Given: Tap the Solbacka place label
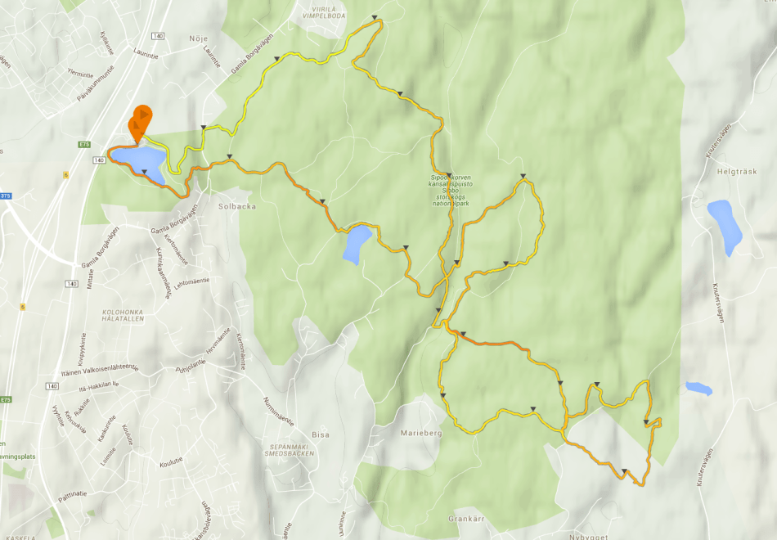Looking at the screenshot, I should tap(238, 206).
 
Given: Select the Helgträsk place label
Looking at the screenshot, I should tap(721, 173).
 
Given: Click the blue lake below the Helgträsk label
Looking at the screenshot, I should tap(725, 225).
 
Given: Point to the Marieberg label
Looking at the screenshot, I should tap(421, 433).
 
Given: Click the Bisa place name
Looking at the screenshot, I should tap(321, 434).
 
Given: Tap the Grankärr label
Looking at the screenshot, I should tap(468, 519).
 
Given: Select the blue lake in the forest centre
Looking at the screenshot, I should tap(357, 244).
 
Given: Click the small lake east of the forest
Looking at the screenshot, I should tap(698, 388).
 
